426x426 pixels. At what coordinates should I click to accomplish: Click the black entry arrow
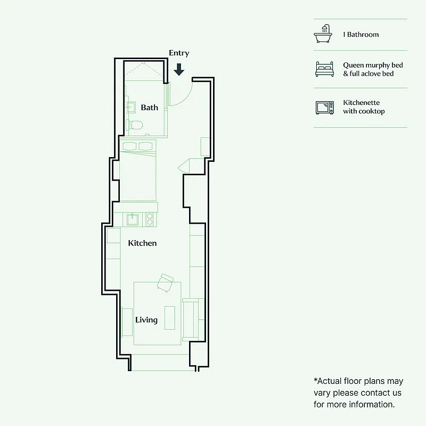[179, 69]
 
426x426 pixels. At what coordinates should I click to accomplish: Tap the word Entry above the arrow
[179, 53]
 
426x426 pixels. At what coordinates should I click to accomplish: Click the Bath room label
[149, 108]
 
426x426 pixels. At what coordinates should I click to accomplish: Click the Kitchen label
[142, 243]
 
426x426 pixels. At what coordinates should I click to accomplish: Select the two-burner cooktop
[150, 219]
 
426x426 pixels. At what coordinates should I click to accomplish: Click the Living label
[146, 320]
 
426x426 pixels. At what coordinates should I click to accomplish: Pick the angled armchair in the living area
[166, 283]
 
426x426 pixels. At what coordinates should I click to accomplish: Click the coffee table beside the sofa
[170, 318]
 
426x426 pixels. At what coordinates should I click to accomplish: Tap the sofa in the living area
[191, 319]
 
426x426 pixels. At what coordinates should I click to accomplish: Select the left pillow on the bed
[129, 146]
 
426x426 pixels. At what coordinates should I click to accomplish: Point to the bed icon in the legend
[324, 69]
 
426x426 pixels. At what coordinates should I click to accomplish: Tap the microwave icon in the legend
[324, 107]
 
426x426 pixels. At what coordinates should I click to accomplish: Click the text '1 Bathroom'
[361, 35]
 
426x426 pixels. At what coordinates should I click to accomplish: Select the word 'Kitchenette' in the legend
[361, 103]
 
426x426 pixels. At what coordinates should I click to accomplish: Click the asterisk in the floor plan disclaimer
[316, 381]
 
